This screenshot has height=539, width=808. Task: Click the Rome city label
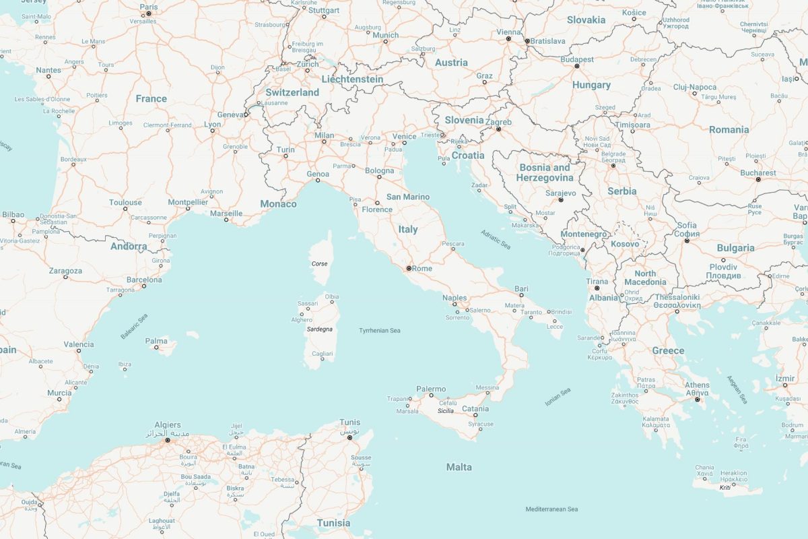click(422, 269)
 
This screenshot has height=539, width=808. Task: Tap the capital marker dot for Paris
click(149, 13)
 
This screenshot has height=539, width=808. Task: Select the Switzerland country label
click(292, 92)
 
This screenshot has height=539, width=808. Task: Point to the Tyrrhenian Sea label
click(380, 330)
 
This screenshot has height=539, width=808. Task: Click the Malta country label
click(459, 467)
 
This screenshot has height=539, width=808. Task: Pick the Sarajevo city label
click(560, 193)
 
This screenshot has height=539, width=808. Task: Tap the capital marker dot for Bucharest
click(758, 180)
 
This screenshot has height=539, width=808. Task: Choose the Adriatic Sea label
click(496, 240)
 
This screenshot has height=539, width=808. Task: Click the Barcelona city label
click(144, 280)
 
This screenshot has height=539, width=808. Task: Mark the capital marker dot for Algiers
click(168, 440)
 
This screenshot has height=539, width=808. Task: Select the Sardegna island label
click(319, 329)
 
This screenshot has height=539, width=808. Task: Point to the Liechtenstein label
click(352, 80)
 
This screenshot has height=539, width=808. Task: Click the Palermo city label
click(431, 389)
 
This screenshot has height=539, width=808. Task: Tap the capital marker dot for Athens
click(698, 400)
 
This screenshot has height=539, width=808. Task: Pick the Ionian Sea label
click(558, 396)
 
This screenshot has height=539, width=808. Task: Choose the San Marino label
click(407, 197)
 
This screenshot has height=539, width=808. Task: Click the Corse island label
click(319, 263)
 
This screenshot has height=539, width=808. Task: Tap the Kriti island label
click(725, 487)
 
